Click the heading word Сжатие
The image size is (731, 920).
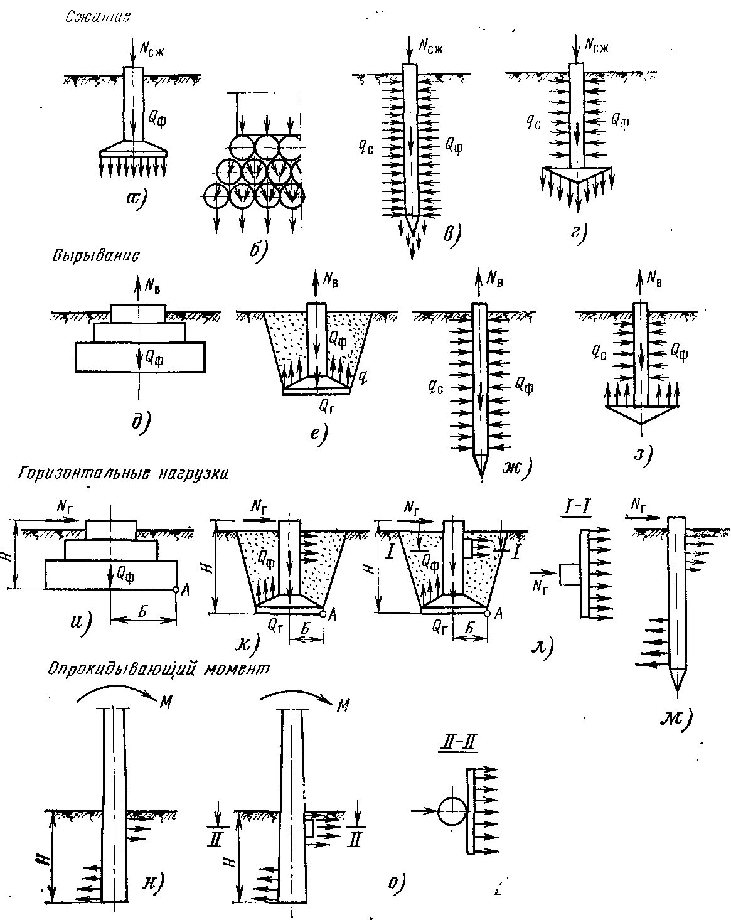tap(98, 18)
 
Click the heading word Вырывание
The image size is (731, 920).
tap(95, 256)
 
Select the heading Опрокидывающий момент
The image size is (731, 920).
tap(159, 669)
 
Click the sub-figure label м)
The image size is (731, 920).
tap(675, 718)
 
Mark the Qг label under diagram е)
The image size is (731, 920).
tap(327, 407)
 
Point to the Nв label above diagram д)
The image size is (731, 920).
tap(153, 284)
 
